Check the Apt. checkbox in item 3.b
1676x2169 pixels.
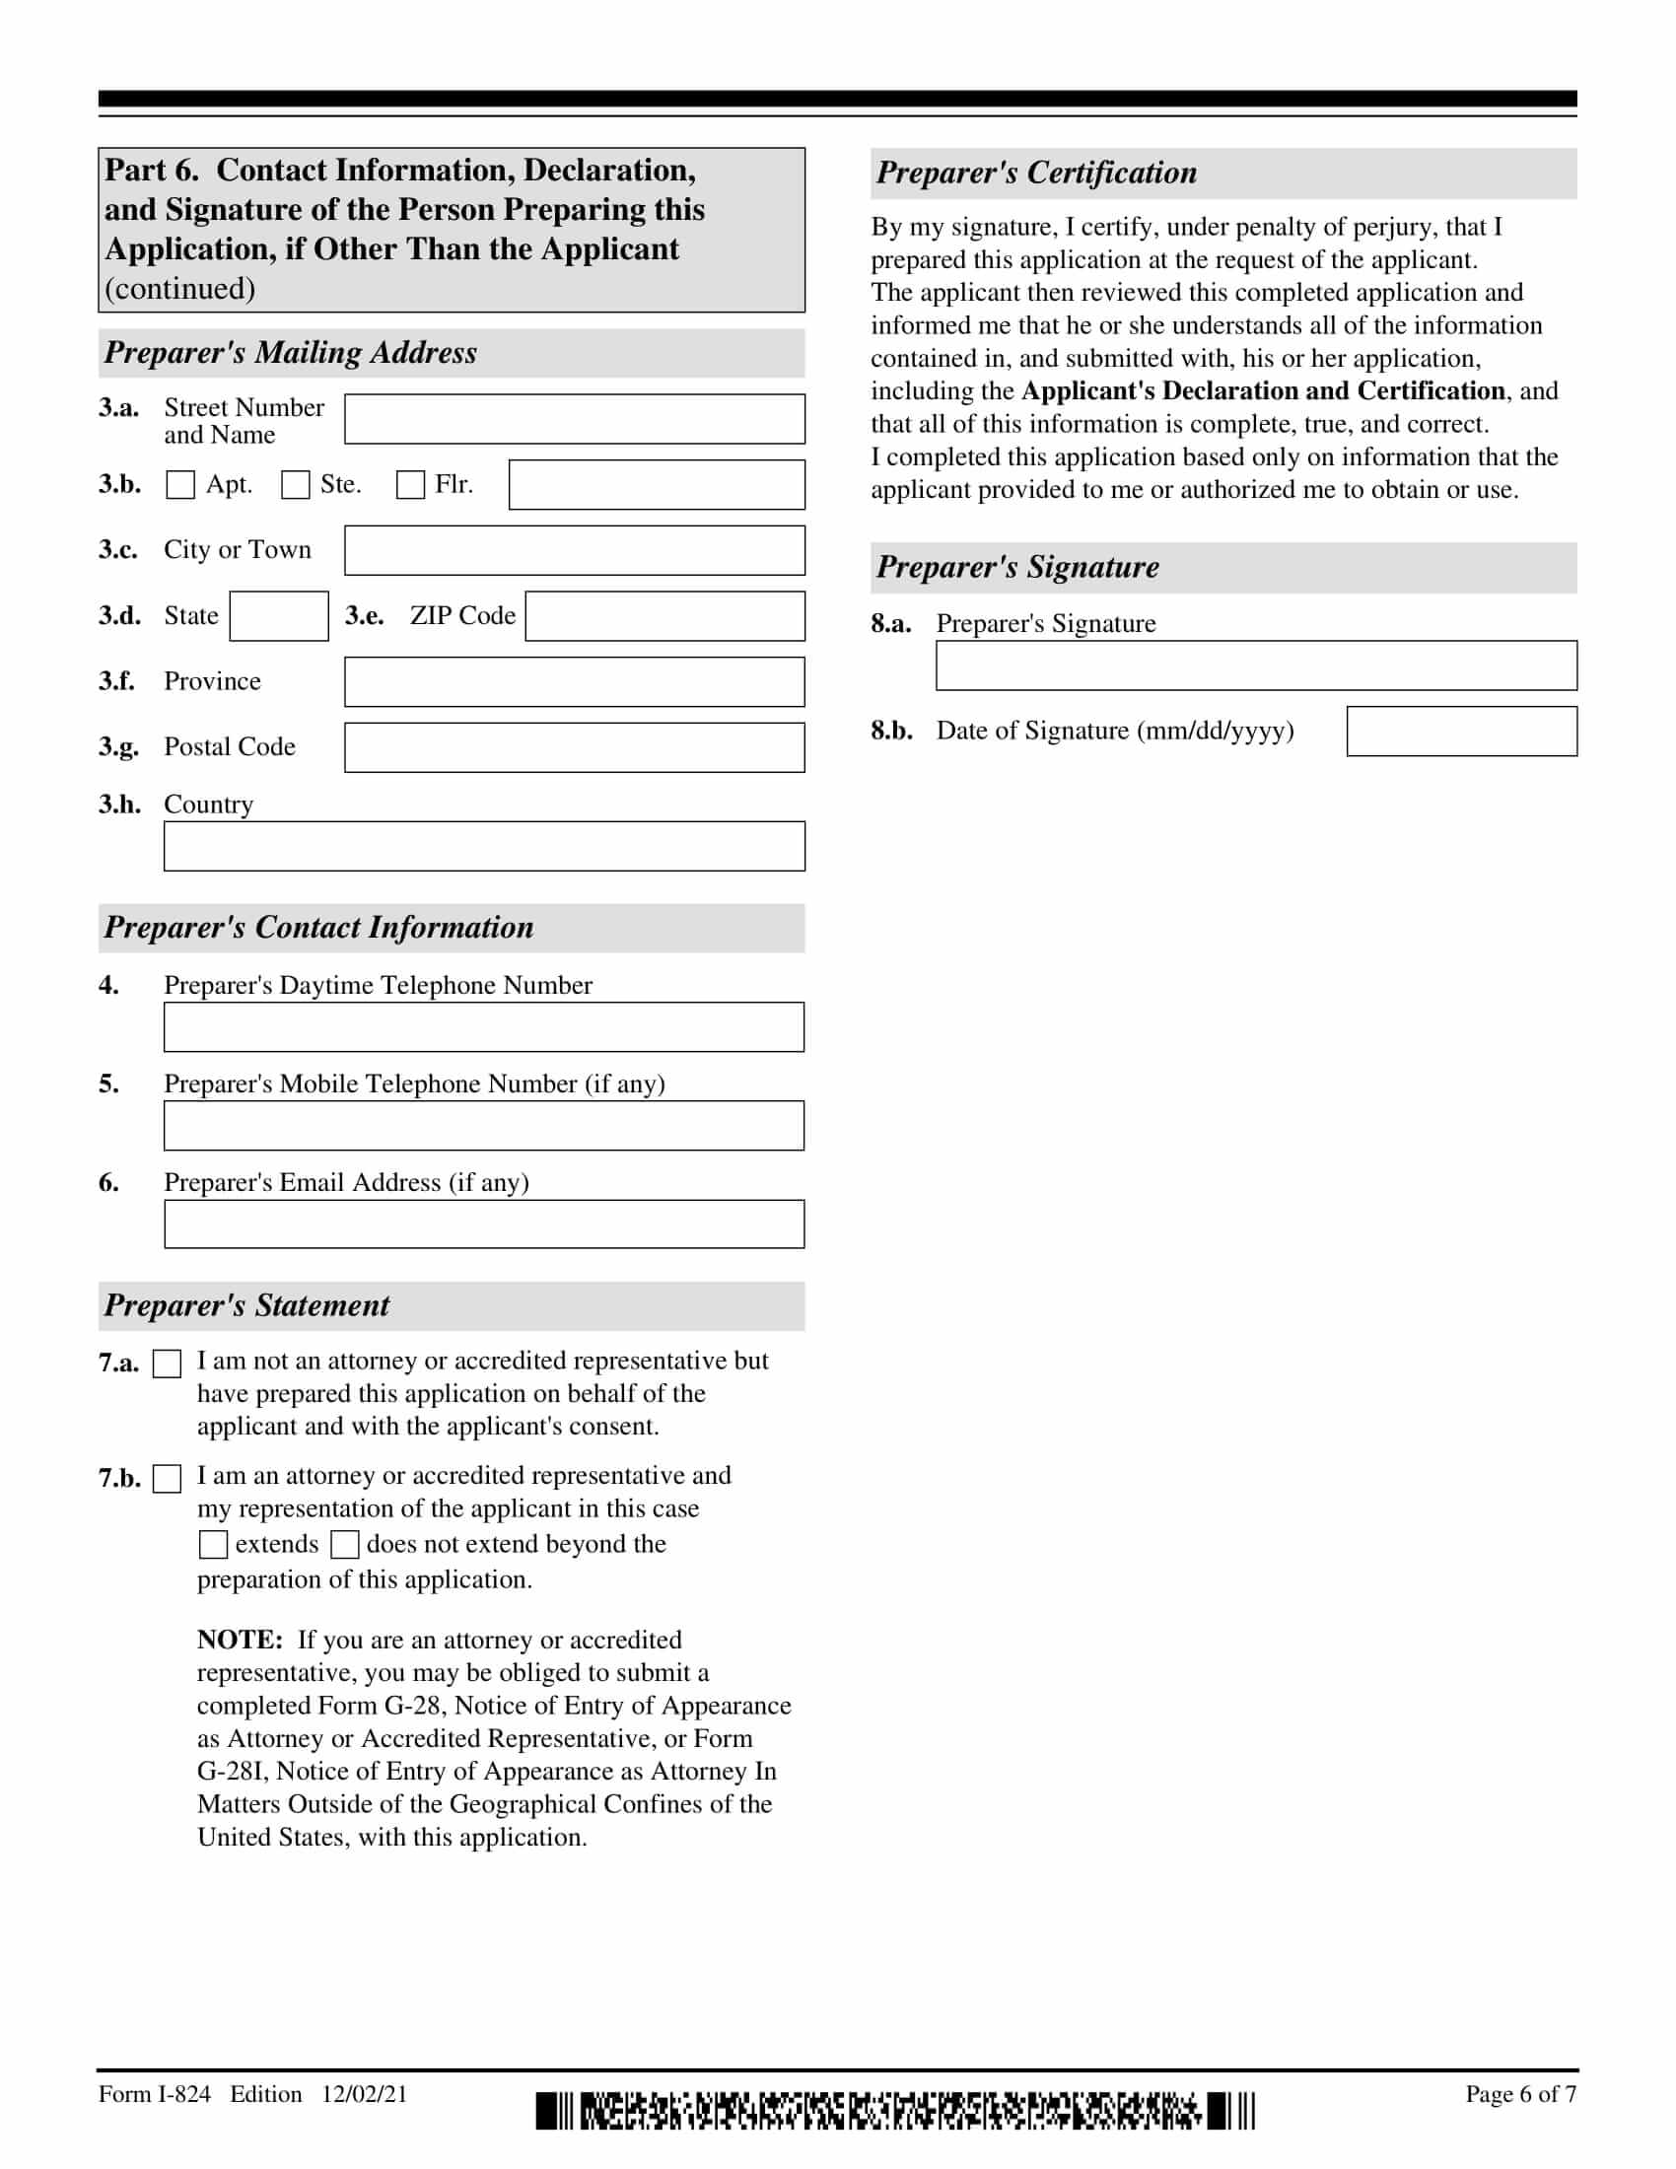[179, 485]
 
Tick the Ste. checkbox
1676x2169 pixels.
[295, 485]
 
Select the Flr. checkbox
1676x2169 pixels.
[410, 485]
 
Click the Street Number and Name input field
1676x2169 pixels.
[574, 419]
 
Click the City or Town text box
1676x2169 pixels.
[574, 550]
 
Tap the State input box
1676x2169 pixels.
[279, 616]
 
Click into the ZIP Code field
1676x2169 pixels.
[664, 616]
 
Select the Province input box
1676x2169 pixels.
[574, 681]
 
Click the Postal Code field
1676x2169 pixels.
[574, 747]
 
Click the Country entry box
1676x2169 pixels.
[483, 846]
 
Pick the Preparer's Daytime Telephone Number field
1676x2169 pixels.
[483, 1027]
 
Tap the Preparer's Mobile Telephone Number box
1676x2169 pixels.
[483, 1125]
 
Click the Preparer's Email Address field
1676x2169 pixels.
[483, 1224]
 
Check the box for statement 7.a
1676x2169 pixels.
[168, 1364]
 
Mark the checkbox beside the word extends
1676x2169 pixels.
[213, 1544]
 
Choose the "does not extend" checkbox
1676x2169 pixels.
[344, 1544]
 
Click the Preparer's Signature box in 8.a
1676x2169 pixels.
[1256, 665]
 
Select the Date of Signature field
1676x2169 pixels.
[1461, 731]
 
